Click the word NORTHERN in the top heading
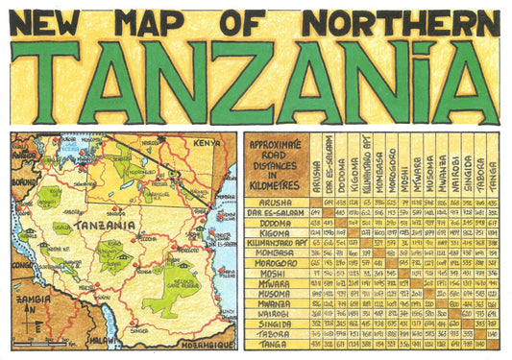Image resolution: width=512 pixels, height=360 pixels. pyautogui.click(x=402, y=20)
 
